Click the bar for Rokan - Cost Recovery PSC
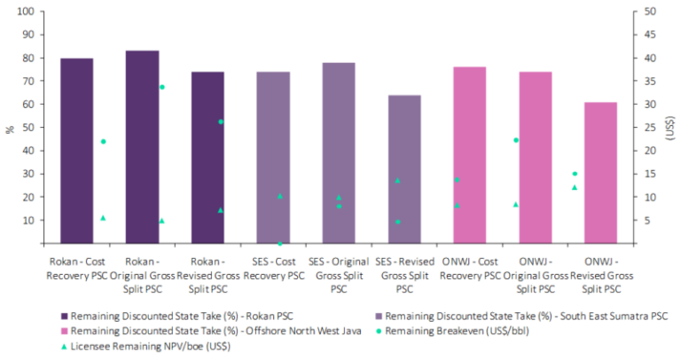(x=76, y=151)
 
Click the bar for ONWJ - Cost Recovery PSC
(x=470, y=155)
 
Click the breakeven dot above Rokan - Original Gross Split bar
(x=161, y=87)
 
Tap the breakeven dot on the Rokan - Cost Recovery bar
(x=103, y=141)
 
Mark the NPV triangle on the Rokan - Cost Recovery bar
(x=103, y=217)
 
